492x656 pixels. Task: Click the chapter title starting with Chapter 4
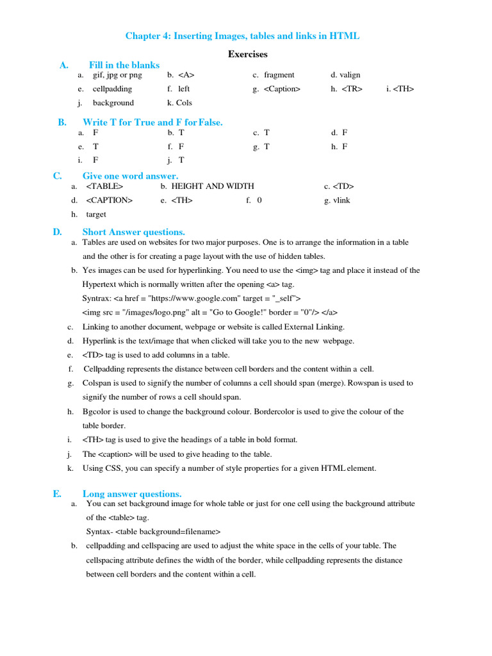242,36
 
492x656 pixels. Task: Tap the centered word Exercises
247,54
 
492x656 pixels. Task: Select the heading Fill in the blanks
124,65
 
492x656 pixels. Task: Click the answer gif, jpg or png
117,75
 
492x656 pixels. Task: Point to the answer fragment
279,75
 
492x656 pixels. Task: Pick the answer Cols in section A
184,102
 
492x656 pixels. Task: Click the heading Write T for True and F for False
152,122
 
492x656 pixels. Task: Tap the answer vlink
341,201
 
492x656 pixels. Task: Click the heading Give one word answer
130,176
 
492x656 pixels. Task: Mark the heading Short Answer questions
133,232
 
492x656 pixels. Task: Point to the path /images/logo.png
146,313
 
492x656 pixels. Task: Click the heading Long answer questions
132,493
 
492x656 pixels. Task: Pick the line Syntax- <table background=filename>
153,532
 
